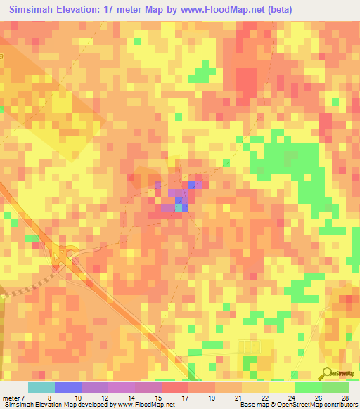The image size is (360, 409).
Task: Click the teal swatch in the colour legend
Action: (41, 387)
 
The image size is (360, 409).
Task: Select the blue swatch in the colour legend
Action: (67, 387)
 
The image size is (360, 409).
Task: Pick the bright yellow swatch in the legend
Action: (281, 387)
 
